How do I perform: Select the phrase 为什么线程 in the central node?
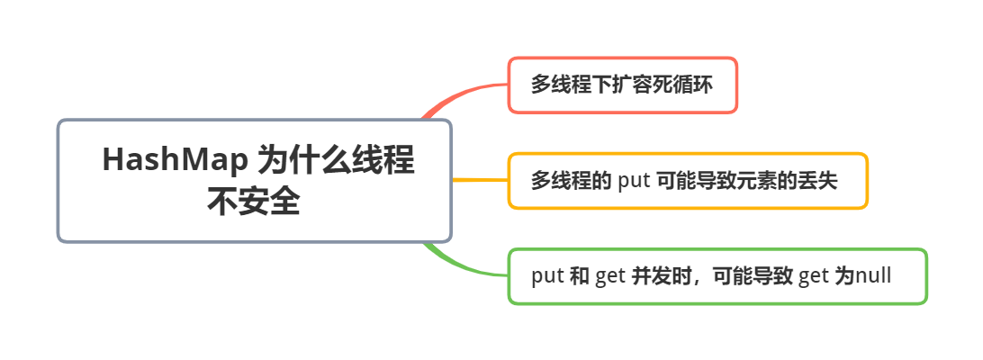(336, 160)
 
